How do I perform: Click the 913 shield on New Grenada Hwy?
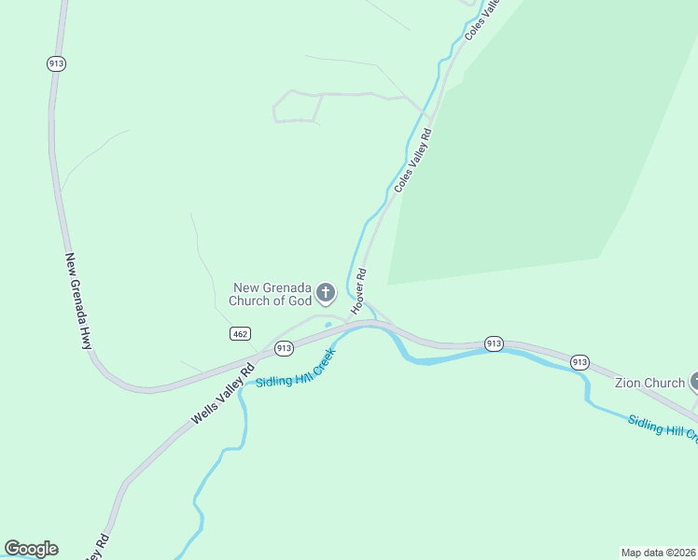[x=55, y=63]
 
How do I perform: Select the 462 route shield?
[x=240, y=333]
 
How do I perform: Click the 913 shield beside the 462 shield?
[x=284, y=348]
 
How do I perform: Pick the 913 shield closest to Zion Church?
[x=579, y=362]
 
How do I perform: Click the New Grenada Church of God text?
[x=272, y=294]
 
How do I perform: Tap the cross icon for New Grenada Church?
[x=326, y=294]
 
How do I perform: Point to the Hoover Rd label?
[x=358, y=291]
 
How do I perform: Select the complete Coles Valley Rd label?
[x=414, y=161]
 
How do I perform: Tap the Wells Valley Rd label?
[x=222, y=394]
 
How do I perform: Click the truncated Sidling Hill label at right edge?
[x=662, y=427]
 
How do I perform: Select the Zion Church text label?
[x=649, y=383]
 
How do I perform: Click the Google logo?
[x=31, y=549]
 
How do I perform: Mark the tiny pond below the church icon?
[x=328, y=325]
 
